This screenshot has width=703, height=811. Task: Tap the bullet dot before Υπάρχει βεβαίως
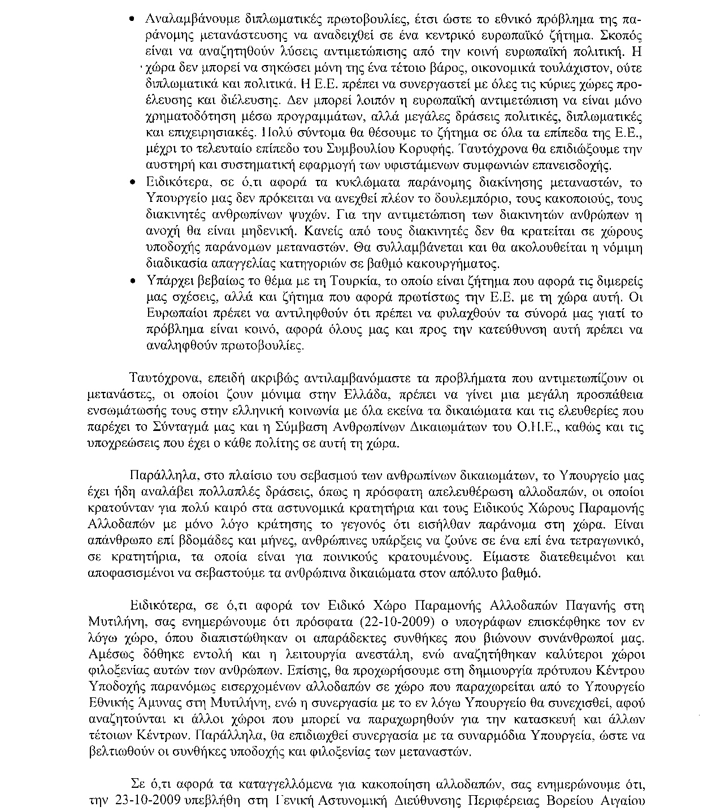132,281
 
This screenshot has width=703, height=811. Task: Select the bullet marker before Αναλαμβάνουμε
132,19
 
